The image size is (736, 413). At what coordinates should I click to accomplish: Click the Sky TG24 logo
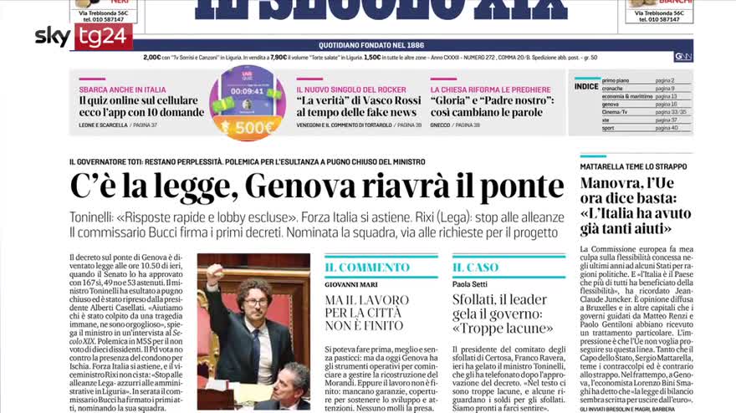click(x=84, y=36)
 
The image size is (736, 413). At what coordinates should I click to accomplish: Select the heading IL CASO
click(x=476, y=268)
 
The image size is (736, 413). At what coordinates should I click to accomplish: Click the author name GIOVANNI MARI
click(x=351, y=283)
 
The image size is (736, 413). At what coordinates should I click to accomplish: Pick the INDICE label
click(x=586, y=86)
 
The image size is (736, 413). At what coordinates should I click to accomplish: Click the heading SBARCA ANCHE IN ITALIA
click(x=122, y=89)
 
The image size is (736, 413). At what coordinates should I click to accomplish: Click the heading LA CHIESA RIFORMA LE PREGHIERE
click(x=491, y=89)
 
